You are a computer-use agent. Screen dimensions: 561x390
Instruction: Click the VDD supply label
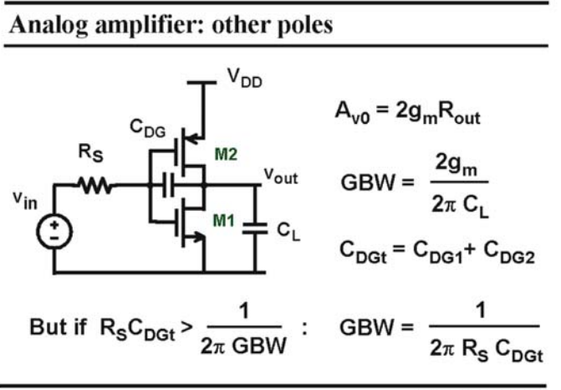pyautogui.click(x=245, y=79)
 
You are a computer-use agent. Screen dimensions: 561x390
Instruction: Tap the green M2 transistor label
pyautogui.click(x=226, y=154)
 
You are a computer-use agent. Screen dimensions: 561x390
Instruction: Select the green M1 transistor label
pyautogui.click(x=223, y=220)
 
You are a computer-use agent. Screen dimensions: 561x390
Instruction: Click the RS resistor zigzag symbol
pyautogui.click(x=96, y=185)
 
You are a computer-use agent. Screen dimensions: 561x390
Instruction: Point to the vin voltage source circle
pyautogui.click(x=54, y=232)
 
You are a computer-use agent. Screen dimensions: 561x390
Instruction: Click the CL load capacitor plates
pyautogui.click(x=255, y=228)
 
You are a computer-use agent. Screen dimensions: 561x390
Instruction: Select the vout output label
pyautogui.click(x=281, y=177)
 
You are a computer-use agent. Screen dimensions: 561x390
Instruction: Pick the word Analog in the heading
pyautogui.click(x=48, y=26)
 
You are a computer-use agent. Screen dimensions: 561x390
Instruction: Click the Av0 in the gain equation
pyautogui.click(x=353, y=112)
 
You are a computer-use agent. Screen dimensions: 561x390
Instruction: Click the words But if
pyautogui.click(x=58, y=326)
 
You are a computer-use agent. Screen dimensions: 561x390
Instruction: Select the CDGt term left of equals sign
pyautogui.click(x=363, y=252)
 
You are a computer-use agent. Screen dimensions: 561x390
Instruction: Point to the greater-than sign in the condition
pyautogui.click(x=186, y=327)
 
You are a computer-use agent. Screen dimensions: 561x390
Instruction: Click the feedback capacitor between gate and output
pyautogui.click(x=168, y=185)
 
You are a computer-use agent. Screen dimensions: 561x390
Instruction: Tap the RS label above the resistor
pyautogui.click(x=90, y=153)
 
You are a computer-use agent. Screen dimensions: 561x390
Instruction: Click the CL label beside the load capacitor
pyautogui.click(x=288, y=232)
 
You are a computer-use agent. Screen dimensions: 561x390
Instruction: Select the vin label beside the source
pyautogui.click(x=25, y=201)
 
